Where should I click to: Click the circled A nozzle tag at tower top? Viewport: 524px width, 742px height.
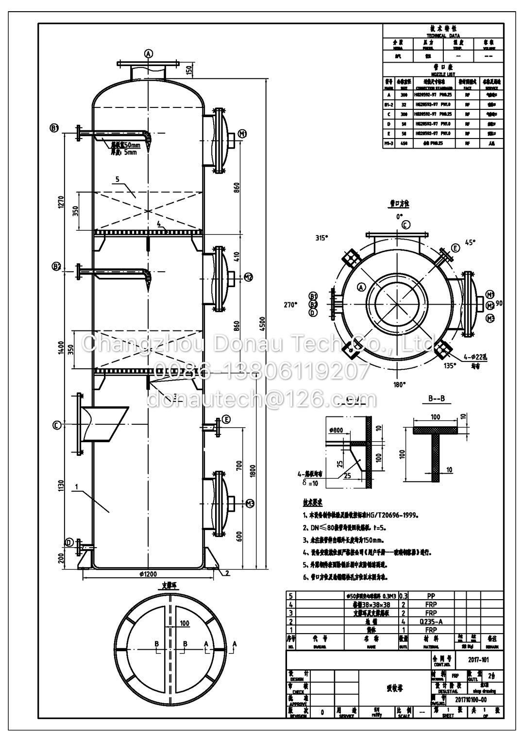click(x=149, y=53)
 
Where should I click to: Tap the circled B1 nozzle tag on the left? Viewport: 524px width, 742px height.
click(x=55, y=128)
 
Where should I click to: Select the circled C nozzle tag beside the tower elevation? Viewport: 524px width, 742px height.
click(x=57, y=425)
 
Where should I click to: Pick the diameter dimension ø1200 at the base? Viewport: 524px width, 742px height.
click(x=148, y=574)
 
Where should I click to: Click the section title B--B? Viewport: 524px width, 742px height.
click(x=436, y=399)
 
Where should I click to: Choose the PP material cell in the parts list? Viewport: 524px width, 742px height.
click(x=430, y=595)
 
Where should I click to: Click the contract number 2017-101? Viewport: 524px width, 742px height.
click(x=478, y=660)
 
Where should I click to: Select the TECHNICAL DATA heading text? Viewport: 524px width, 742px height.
click(x=443, y=35)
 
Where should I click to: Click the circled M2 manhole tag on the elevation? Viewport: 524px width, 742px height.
click(x=248, y=277)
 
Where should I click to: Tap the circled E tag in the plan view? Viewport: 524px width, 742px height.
click(x=455, y=248)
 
